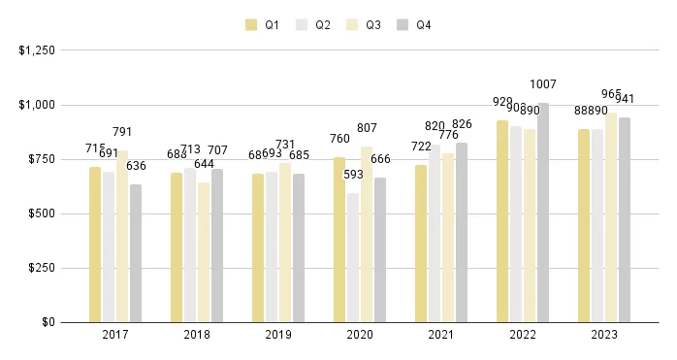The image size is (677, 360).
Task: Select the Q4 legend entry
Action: pyautogui.click(x=414, y=25)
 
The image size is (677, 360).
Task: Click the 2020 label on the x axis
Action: pyautogui.click(x=359, y=334)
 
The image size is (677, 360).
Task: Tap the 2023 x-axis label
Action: pyautogui.click(x=603, y=334)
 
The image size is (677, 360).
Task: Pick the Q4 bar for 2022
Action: pyautogui.click(x=542, y=213)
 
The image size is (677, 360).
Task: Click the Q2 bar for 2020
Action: pyautogui.click(x=352, y=257)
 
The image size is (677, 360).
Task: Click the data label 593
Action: pyautogui.click(x=353, y=175)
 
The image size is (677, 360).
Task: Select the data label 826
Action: pyautogui.click(x=463, y=124)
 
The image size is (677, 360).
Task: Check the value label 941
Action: pyautogui.click(x=626, y=99)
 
